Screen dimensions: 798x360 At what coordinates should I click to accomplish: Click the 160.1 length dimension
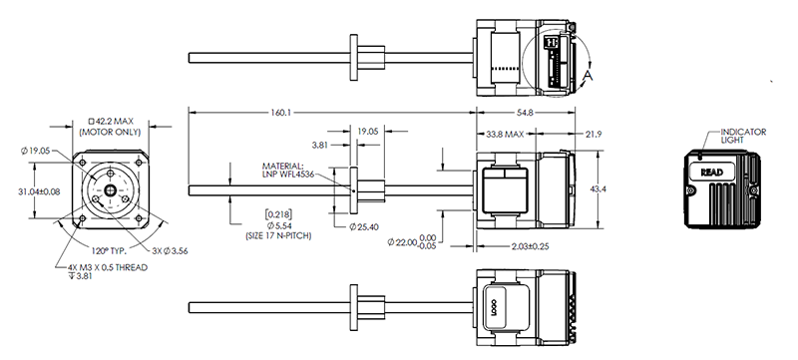280,113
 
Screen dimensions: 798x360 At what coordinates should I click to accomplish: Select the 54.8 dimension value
525,113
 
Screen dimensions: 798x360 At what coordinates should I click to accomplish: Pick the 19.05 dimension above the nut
367,132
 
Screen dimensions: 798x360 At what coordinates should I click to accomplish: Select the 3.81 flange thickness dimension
319,145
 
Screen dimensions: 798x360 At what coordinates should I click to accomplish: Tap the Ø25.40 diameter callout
364,227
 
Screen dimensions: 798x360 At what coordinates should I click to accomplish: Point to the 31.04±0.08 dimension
39,191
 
